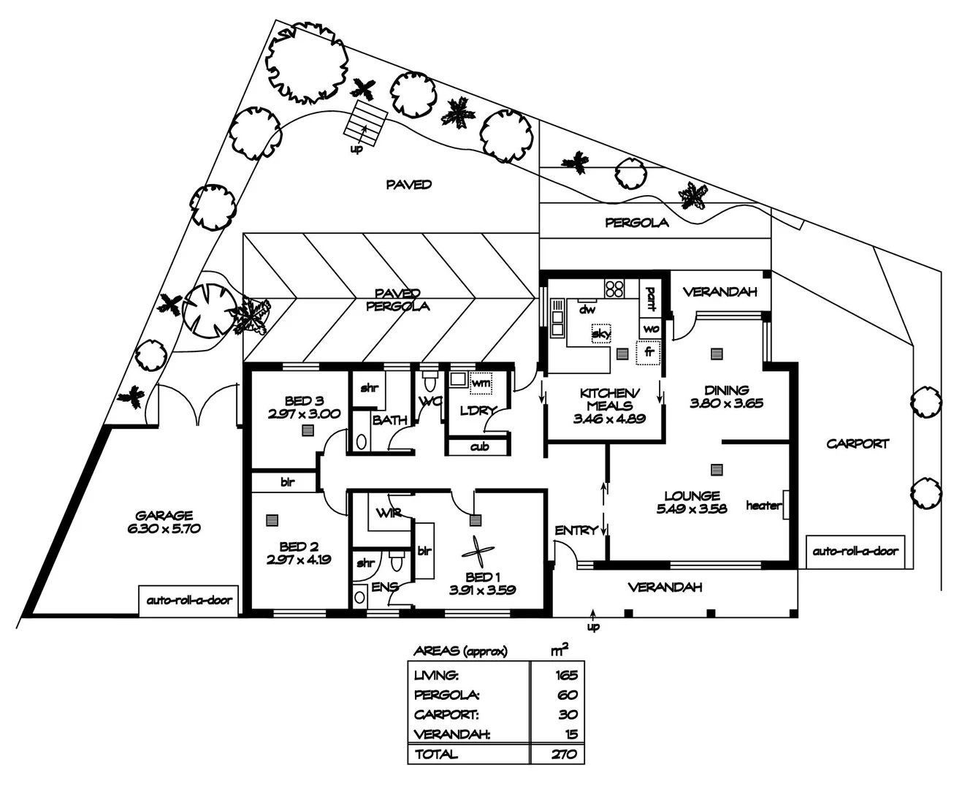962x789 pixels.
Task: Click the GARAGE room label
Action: point(164,515)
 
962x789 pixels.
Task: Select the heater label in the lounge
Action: point(763,506)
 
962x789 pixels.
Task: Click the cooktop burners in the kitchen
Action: point(614,289)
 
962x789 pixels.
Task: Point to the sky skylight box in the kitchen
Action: point(601,333)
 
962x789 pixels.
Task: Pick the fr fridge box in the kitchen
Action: point(648,353)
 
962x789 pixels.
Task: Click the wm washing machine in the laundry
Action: point(480,382)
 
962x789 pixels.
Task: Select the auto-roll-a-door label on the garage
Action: point(189,601)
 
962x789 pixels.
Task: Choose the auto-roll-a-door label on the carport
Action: point(855,551)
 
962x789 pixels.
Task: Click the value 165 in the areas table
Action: point(566,674)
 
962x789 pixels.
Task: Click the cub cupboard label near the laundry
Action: point(479,446)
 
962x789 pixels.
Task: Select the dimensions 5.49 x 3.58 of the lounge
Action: point(692,508)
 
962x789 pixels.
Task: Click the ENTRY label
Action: point(576,530)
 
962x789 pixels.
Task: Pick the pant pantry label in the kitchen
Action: point(650,299)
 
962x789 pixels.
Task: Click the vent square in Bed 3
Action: point(308,430)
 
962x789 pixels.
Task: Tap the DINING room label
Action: point(726,390)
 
